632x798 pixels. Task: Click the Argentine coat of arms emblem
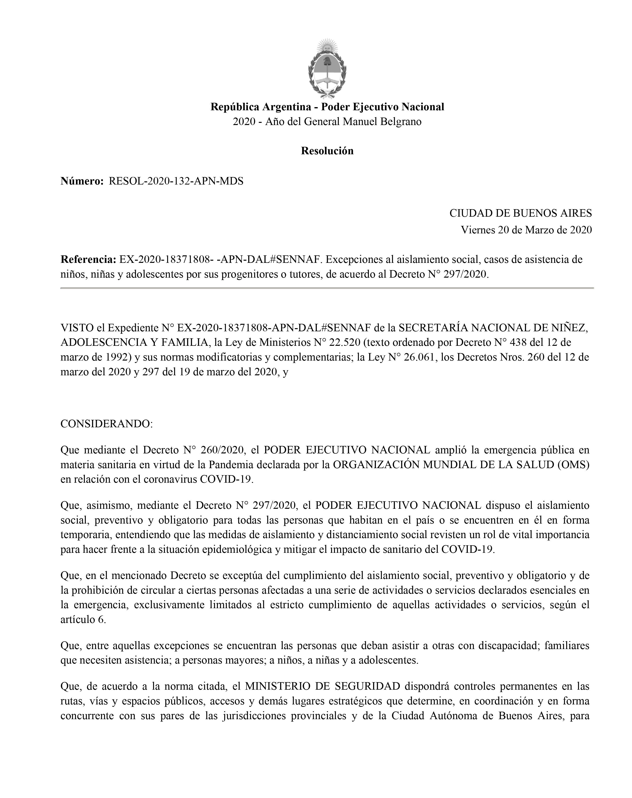click(x=327, y=69)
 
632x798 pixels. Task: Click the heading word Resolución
click(x=327, y=151)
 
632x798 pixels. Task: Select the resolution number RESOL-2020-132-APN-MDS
click(x=176, y=181)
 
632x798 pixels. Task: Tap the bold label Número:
click(x=82, y=181)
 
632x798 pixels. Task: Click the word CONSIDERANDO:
click(x=107, y=424)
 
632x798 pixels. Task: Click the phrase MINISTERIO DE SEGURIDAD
click(x=323, y=686)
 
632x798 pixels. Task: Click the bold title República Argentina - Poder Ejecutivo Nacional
click(x=327, y=107)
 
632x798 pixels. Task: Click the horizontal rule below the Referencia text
click(x=327, y=288)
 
